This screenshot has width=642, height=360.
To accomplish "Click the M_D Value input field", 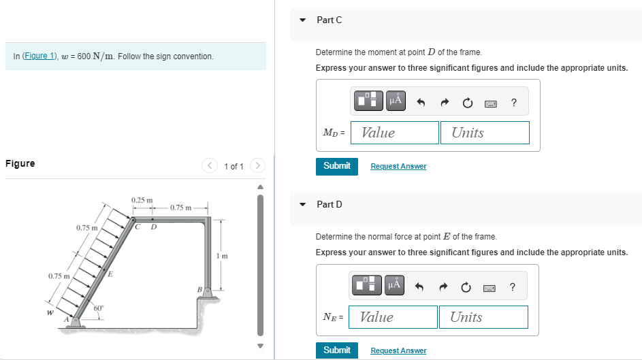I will click(x=395, y=133).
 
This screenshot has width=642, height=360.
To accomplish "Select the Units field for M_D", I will click(x=485, y=133).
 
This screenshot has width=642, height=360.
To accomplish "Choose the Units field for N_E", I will click(x=483, y=317).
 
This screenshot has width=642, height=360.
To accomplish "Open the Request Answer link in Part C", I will click(x=398, y=166).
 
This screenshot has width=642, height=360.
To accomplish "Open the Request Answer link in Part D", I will click(x=398, y=350).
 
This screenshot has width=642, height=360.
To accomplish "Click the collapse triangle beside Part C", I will click(x=303, y=20).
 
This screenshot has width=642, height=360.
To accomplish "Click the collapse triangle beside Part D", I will click(x=303, y=204).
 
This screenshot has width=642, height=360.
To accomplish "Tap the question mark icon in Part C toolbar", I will click(x=513, y=103).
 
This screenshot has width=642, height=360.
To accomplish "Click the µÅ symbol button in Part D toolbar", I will click(x=394, y=286).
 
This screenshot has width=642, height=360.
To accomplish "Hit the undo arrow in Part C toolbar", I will click(x=420, y=103).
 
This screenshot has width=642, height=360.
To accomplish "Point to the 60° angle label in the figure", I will click(x=98, y=308).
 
